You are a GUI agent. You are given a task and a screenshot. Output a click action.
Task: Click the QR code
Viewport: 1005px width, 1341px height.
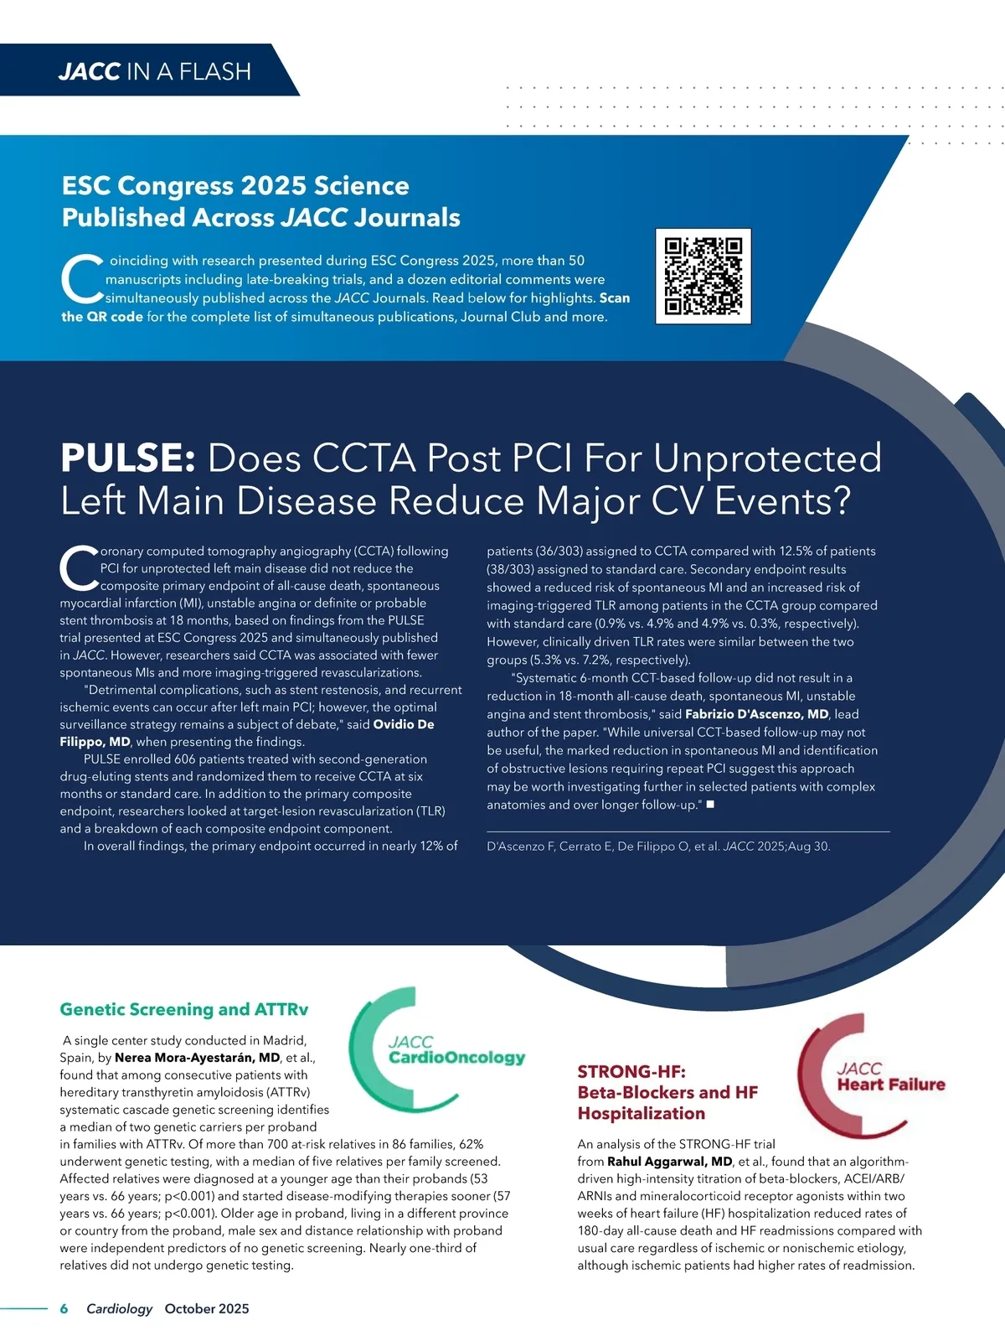coord(703,276)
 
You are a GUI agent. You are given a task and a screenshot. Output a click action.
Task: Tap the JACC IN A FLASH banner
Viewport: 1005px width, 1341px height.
coord(154,71)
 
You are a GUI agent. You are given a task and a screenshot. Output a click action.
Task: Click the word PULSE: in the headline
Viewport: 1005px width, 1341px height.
coord(128,458)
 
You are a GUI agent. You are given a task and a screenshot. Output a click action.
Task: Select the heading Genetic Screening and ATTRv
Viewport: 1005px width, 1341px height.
coord(183,1009)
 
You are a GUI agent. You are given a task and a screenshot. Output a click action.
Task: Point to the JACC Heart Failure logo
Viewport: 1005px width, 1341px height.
coord(871,1076)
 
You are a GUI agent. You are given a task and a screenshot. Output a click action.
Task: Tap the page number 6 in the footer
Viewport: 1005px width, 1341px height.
coord(64,1308)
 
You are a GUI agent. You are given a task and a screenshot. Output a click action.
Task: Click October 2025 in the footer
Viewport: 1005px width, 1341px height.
coord(207,1308)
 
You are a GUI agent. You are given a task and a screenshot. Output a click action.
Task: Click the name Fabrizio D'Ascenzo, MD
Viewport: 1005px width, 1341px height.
coord(756,714)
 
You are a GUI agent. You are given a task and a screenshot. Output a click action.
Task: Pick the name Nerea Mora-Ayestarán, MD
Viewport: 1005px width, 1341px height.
coord(197,1058)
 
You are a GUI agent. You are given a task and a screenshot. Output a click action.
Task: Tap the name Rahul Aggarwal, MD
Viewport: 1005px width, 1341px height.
coord(669,1162)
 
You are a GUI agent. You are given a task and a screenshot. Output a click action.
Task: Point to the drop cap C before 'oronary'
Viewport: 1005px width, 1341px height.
coord(79,568)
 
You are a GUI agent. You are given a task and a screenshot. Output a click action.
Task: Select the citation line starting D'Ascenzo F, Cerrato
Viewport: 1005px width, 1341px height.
coord(658,847)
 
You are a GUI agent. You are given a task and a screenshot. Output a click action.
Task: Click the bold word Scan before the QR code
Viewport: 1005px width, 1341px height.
coord(614,298)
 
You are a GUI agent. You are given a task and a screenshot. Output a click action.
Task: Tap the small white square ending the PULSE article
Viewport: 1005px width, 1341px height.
coord(710,805)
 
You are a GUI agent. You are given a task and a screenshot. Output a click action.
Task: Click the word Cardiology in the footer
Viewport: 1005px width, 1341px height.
coord(119,1308)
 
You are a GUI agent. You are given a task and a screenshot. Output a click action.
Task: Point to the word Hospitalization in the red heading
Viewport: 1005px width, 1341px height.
coord(641,1114)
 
